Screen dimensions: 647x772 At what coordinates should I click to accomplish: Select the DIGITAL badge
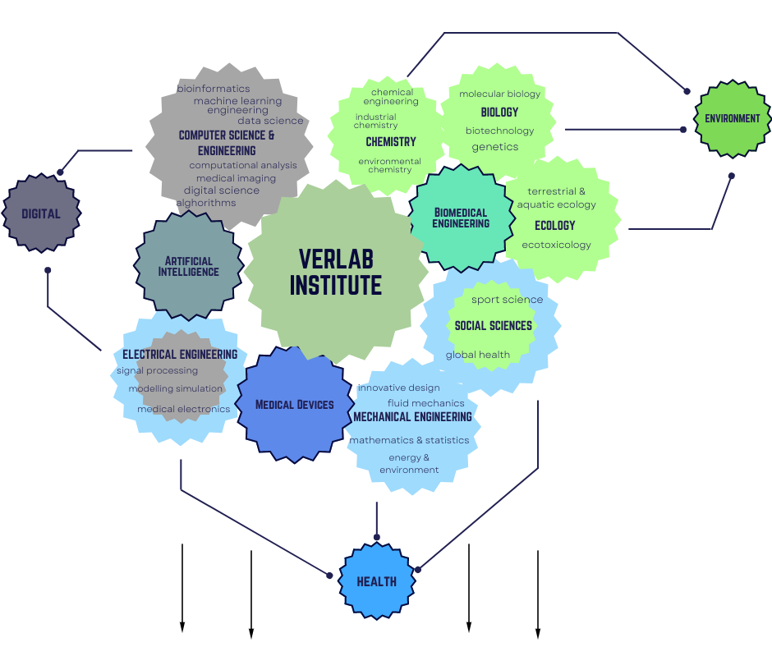point(41,213)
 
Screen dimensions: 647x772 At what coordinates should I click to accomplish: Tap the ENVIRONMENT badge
point(733,118)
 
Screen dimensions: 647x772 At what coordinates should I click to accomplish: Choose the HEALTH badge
point(377,581)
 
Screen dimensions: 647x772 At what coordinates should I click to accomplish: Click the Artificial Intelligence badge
point(189,266)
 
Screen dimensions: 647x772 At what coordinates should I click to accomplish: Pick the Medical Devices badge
point(294,404)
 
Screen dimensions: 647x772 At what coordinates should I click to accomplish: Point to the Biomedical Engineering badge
point(461,218)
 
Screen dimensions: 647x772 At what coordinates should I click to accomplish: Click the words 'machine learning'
point(237,101)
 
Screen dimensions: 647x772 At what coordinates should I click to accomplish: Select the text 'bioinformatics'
point(214,89)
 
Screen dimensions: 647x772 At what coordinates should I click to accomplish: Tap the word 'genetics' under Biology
point(495,147)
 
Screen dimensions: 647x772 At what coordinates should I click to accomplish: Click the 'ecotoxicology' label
point(556,245)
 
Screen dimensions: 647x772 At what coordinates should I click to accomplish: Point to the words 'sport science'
point(507,300)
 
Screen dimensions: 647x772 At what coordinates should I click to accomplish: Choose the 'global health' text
point(478,355)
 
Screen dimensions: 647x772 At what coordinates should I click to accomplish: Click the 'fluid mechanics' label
point(425,403)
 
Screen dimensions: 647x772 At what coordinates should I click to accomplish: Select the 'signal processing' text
point(157,370)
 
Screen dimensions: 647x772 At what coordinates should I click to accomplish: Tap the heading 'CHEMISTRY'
point(391,141)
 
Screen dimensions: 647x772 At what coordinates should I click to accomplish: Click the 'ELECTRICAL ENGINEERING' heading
point(180,355)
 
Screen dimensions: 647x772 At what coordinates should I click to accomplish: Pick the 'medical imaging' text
point(236,178)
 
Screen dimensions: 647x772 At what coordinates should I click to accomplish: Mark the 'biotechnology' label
point(499,131)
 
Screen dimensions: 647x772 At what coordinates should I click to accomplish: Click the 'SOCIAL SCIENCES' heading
point(493,325)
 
